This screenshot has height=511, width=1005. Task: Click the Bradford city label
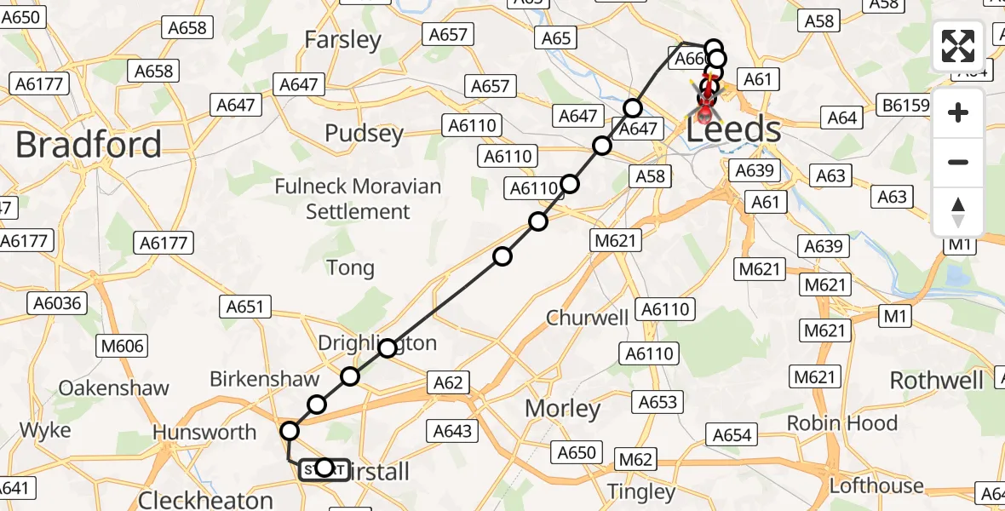tap(89, 145)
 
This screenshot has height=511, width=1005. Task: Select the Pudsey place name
tap(364, 134)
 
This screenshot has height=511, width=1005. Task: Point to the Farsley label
tap(342, 39)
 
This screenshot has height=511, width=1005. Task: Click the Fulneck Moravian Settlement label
tap(358, 198)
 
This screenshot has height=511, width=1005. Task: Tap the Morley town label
tap(563, 408)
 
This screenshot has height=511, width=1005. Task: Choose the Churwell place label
tap(588, 318)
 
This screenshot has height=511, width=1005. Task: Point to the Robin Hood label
tap(841, 422)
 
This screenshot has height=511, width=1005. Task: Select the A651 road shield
tap(245, 307)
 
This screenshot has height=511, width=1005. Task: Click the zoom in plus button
tap(958, 112)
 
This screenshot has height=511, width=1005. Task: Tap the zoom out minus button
tap(958, 162)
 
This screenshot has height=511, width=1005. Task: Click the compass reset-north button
tap(958, 211)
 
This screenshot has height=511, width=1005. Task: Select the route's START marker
tap(324, 468)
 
